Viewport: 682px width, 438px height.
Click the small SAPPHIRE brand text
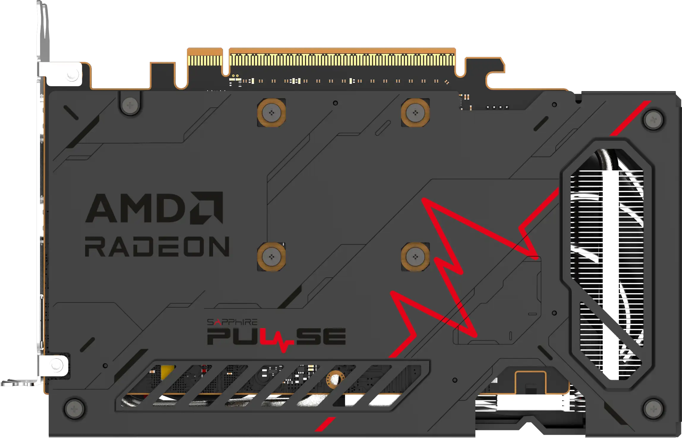[232, 322]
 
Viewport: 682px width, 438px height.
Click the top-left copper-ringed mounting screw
[271, 113]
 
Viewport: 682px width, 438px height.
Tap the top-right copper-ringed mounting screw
[415, 113]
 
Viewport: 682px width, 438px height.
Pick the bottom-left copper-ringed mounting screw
[271, 257]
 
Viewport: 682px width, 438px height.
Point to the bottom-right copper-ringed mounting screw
[415, 257]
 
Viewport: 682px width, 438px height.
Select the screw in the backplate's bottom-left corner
[74, 409]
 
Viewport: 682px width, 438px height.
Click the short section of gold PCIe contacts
[205, 60]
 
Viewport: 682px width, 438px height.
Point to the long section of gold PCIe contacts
[341, 60]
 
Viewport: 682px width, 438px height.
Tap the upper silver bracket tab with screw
[64, 74]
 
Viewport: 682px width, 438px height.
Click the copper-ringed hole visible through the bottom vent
[335, 379]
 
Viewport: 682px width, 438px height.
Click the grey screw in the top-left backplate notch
[130, 105]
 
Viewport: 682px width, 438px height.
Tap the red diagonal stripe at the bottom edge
[325, 424]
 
